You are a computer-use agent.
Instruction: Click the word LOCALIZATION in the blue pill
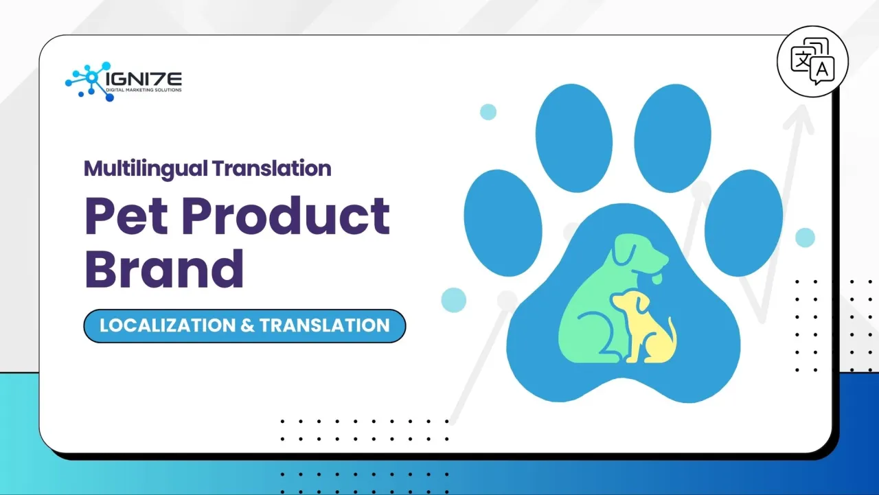(x=167, y=325)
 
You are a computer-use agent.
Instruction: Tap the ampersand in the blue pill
(x=247, y=325)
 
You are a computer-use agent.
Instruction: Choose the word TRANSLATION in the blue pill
(x=324, y=325)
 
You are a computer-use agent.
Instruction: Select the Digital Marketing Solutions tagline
(x=144, y=91)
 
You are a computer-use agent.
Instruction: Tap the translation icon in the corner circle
(x=812, y=61)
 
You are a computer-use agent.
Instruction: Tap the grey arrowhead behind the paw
(x=798, y=120)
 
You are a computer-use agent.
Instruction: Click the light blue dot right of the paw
(x=805, y=238)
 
